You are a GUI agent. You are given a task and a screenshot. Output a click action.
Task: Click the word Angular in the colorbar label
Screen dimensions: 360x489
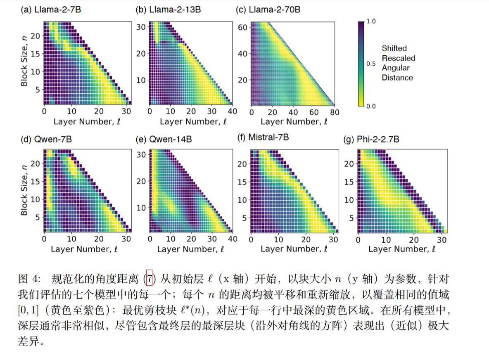394,68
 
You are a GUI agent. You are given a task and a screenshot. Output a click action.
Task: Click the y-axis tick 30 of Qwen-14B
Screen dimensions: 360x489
141,154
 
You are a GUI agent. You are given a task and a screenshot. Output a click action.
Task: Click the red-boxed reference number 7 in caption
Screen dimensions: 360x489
150,279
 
